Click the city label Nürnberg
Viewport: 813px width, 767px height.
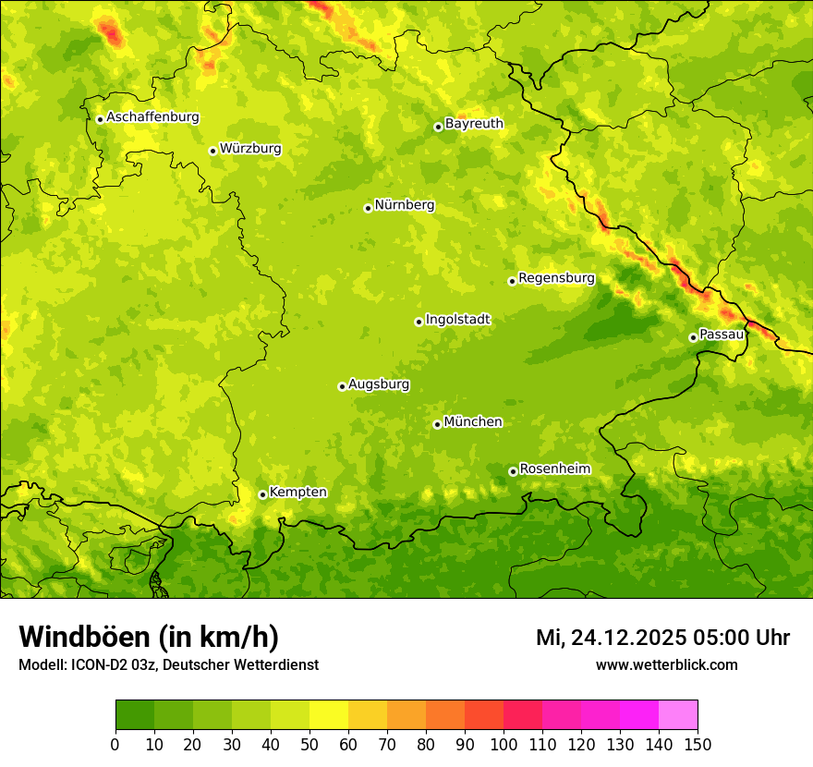(404, 205)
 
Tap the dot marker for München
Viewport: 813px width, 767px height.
(437, 424)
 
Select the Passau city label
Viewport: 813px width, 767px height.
(722, 335)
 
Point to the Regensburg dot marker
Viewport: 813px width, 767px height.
(512, 281)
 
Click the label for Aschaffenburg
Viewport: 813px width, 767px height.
(152, 117)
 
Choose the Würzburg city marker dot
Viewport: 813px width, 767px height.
(212, 151)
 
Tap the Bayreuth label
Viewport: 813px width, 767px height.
(474, 124)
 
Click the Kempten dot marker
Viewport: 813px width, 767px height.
(262, 494)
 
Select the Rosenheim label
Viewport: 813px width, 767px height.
(554, 469)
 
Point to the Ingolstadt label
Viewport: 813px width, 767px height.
(457, 320)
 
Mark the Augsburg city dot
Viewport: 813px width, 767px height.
(342, 386)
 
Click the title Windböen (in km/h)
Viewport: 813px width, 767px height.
(148, 637)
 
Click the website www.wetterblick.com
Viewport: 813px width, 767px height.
(666, 664)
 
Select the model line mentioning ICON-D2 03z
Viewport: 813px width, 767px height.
(168, 664)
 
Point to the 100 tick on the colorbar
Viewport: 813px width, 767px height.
(504, 744)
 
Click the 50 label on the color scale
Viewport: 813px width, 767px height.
(309, 744)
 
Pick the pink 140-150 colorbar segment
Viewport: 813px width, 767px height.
(677, 715)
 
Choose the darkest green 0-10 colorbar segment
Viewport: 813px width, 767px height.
(135, 715)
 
